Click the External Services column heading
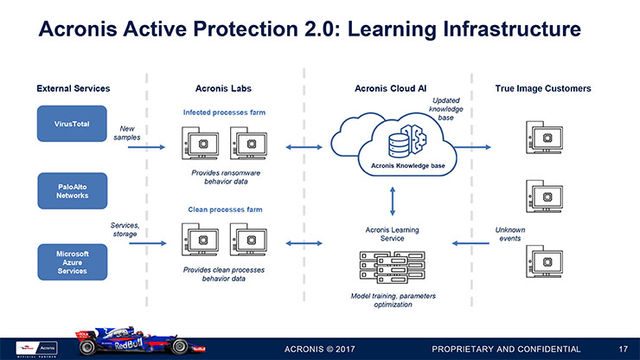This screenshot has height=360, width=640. tap(73, 88)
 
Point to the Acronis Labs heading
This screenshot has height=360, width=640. tap(223, 88)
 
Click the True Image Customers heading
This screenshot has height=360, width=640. tap(542, 88)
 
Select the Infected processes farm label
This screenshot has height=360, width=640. tap(224, 112)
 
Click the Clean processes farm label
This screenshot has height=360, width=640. tap(224, 209)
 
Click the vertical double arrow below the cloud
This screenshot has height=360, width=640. tap(394, 202)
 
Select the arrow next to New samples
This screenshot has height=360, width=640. tap(146, 147)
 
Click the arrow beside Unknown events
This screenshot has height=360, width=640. tap(475, 244)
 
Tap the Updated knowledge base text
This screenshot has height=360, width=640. tap(446, 109)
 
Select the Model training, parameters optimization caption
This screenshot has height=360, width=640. tap(393, 299)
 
